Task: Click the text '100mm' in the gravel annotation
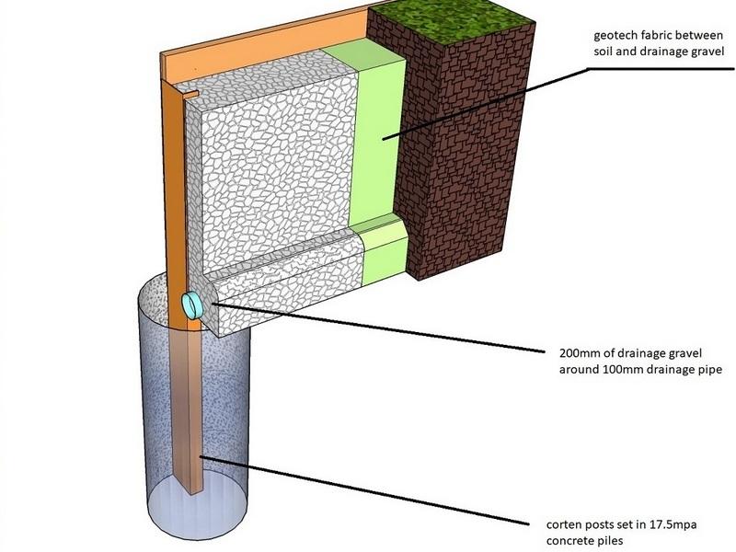pyautogui.click(x=615, y=369)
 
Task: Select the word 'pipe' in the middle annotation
pyautogui.click(x=706, y=369)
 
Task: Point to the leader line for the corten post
pyautogui.click(x=368, y=489)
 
